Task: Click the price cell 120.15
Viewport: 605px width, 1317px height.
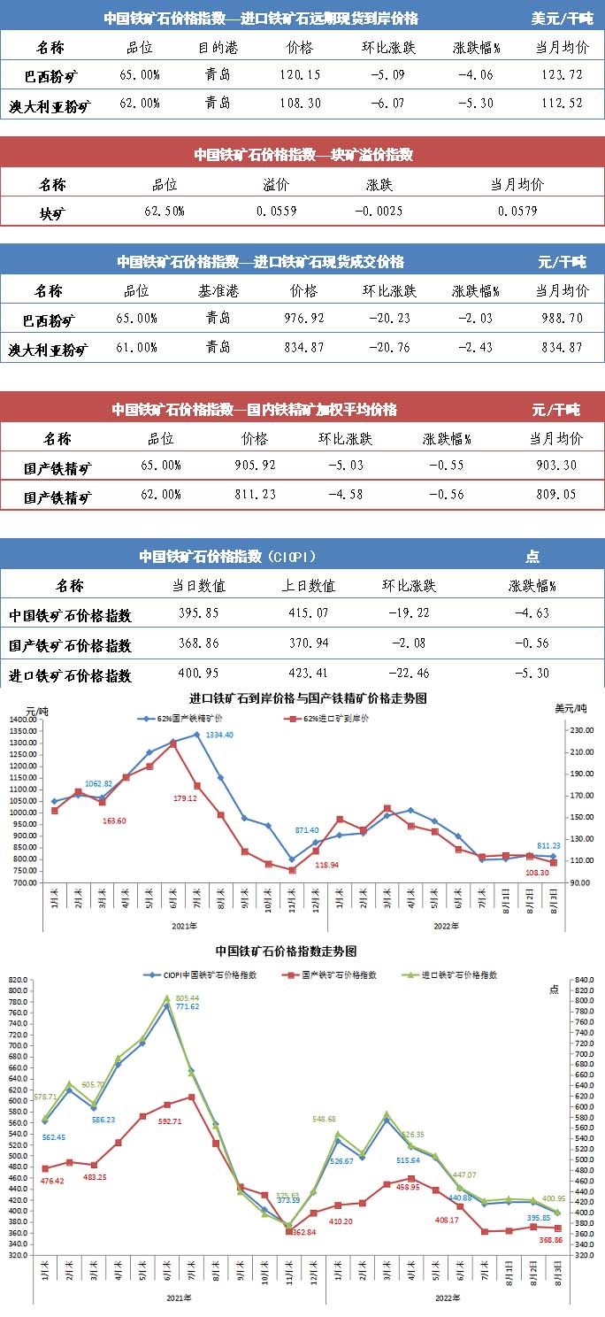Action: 300,74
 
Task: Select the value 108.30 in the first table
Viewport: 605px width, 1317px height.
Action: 300,104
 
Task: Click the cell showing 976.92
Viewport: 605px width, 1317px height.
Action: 302,319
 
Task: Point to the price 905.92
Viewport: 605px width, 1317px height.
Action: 254,466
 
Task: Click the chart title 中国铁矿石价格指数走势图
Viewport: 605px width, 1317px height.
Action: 286,951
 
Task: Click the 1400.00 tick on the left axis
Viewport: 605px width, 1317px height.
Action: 22,720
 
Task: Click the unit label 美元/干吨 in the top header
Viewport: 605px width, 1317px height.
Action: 563,18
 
